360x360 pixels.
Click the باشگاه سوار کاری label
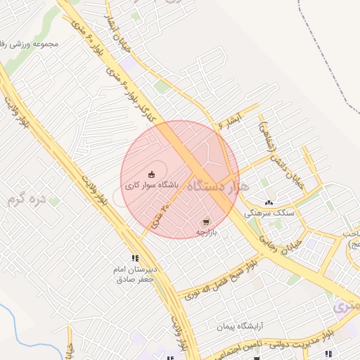[x=152, y=186]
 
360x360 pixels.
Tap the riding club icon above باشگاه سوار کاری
[x=151, y=174]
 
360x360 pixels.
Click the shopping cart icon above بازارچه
[x=205, y=220]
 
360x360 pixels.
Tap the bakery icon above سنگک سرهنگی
[x=269, y=202]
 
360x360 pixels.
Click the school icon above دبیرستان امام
[x=134, y=258]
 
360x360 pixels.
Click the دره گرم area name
[x=26, y=199]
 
